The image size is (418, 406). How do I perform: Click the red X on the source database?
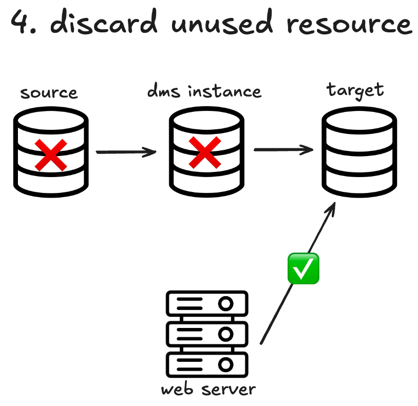click(x=50, y=154)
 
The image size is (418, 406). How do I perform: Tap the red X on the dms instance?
click(x=205, y=153)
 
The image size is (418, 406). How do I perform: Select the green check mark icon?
click(x=303, y=268)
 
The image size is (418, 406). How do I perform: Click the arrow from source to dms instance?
click(x=126, y=151)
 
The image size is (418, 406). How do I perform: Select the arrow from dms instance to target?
click(x=283, y=150)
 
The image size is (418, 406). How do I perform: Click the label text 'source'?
click(x=49, y=93)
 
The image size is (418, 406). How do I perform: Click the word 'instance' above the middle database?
click(x=224, y=91)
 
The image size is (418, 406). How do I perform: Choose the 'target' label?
click(x=355, y=90)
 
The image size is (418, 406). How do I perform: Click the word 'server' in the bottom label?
click(x=229, y=390)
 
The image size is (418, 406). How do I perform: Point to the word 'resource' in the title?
click(x=349, y=23)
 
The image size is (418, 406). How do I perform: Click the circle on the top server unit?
click(x=225, y=304)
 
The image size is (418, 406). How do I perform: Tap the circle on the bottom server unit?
click(x=225, y=365)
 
